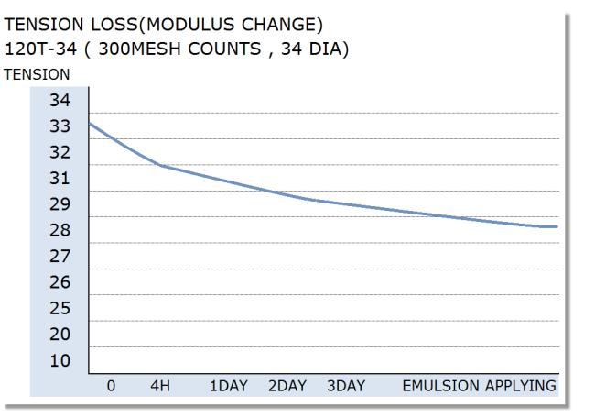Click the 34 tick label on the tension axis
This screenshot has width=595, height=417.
pyautogui.click(x=59, y=100)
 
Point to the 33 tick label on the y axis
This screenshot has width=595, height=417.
pyautogui.click(x=59, y=126)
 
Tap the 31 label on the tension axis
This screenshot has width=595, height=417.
pyautogui.click(x=59, y=178)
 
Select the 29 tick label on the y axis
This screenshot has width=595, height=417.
pyautogui.click(x=59, y=204)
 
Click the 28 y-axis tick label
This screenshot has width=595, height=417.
pyautogui.click(x=59, y=230)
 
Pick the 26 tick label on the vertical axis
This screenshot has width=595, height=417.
pyautogui.click(x=59, y=282)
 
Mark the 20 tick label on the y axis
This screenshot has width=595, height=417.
pyautogui.click(x=59, y=335)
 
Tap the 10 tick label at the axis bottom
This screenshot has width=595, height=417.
pyautogui.click(x=59, y=360)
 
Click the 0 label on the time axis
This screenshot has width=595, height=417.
pyautogui.click(x=111, y=386)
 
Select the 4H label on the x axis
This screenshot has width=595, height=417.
pyautogui.click(x=160, y=386)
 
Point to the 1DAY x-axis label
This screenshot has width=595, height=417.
pyautogui.click(x=229, y=386)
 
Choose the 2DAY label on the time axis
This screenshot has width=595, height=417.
pyautogui.click(x=287, y=386)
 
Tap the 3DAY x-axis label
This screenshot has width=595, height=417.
pyautogui.click(x=346, y=386)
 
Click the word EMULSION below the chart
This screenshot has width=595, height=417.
pyautogui.click(x=441, y=386)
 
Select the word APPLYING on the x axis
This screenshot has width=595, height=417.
pyautogui.click(x=521, y=386)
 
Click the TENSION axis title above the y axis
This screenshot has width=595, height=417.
pyautogui.click(x=37, y=74)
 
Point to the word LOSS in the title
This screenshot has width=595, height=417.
pyautogui.click(x=114, y=25)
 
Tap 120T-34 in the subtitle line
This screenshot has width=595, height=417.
pyautogui.click(x=40, y=49)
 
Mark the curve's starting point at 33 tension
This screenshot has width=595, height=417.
pyautogui.click(x=89, y=123)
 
